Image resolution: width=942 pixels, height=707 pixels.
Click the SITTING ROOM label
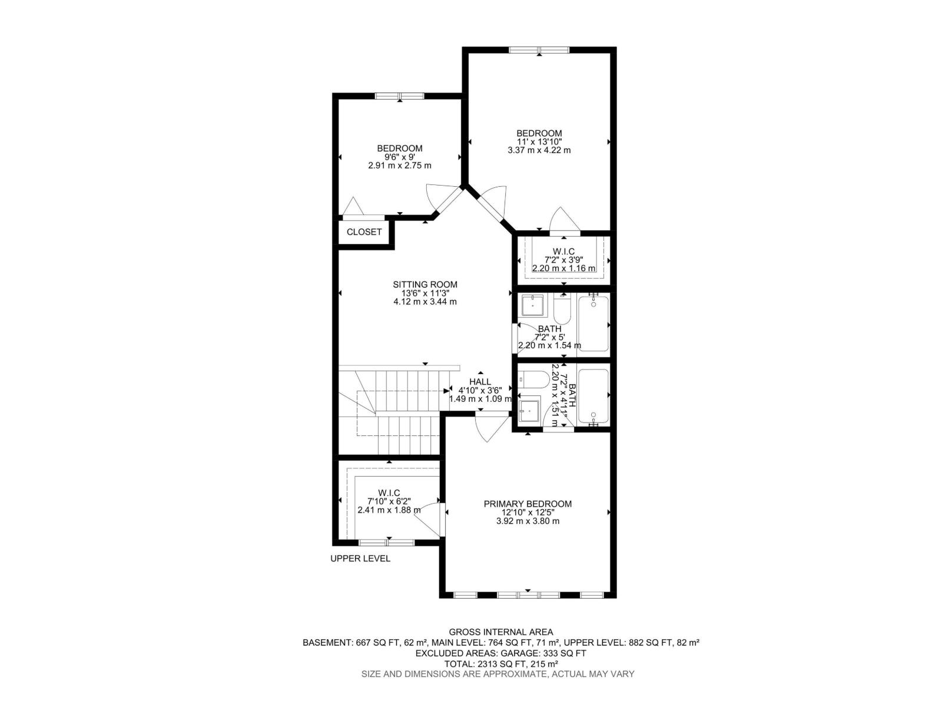pyautogui.click(x=424, y=285)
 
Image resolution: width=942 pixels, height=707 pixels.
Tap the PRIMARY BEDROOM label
pyautogui.click(x=528, y=504)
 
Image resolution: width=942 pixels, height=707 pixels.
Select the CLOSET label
pyautogui.click(x=364, y=232)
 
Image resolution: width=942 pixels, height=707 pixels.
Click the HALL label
pyautogui.click(x=480, y=382)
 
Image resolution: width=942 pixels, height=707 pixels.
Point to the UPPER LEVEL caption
pyautogui.click(x=360, y=559)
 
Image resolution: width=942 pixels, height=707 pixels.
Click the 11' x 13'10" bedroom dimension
pyautogui.click(x=539, y=141)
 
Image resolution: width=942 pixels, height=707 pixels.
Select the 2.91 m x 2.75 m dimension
pyautogui.click(x=400, y=166)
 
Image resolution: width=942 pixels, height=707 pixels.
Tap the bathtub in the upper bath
pyautogui.click(x=593, y=324)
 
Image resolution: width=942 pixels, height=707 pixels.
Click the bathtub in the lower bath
pyautogui.click(x=593, y=396)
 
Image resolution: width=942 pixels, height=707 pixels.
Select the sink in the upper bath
pyautogui.click(x=533, y=305)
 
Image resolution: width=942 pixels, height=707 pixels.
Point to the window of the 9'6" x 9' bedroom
pyautogui.click(x=400, y=96)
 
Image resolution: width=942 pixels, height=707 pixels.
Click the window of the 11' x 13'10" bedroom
pyautogui.click(x=539, y=49)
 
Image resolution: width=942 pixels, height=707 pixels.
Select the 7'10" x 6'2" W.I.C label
pyautogui.click(x=389, y=493)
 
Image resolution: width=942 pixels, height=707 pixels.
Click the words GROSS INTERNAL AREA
pyautogui.click(x=501, y=632)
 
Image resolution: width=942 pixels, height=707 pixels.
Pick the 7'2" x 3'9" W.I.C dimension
pyautogui.click(x=563, y=260)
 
